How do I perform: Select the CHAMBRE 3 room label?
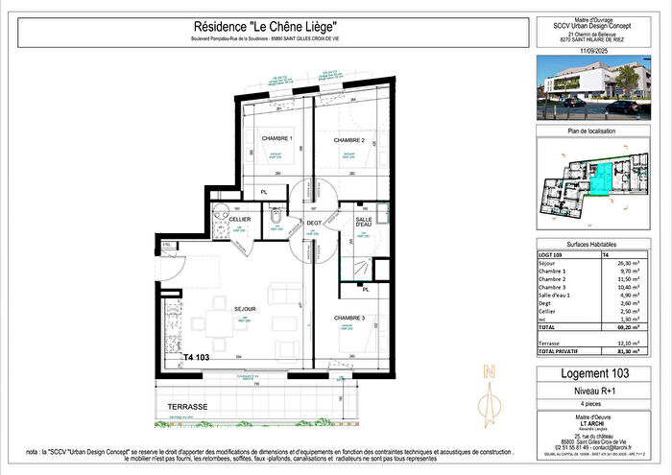(x=350, y=318)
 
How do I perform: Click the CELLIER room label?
(x=240, y=219)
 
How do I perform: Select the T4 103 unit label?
(x=204, y=356)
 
